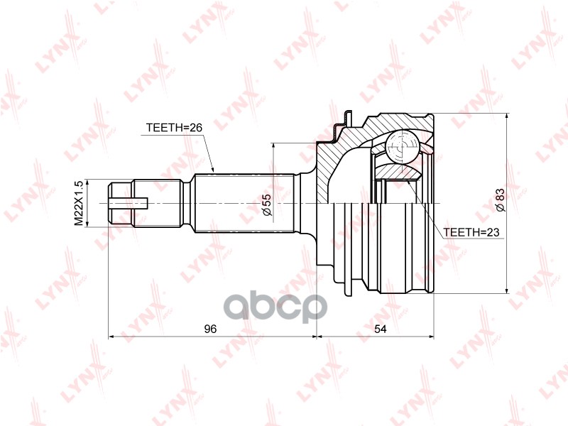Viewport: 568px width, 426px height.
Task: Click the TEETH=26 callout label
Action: [174, 128]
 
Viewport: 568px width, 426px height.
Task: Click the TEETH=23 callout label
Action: [470, 232]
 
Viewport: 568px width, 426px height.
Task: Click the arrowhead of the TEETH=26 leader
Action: [212, 170]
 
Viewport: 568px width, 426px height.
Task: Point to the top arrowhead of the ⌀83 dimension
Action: [506, 116]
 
